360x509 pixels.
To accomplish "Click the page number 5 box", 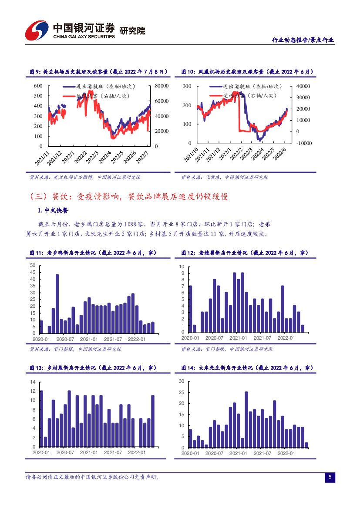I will (x=330, y=478).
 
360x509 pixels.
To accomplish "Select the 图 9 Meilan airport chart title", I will (x=93, y=72).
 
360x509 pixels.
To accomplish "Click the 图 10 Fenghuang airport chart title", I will (x=247, y=72).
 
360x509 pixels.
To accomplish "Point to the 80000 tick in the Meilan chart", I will (x=163, y=86).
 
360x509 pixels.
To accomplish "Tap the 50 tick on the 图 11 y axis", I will (x=33, y=266).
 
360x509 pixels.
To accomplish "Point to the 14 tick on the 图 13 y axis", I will (x=32, y=382).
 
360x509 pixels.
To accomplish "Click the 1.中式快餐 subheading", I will (x=53, y=211).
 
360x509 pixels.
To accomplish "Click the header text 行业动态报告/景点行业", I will (x=303, y=40).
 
